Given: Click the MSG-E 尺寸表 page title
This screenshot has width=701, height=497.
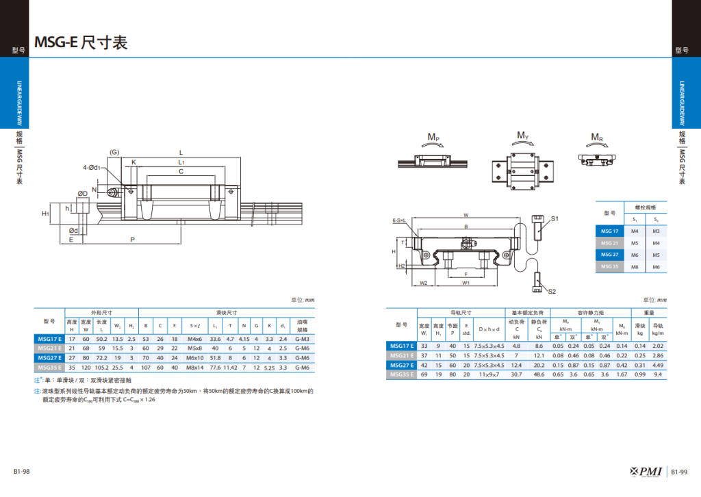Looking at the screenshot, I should point(81,42).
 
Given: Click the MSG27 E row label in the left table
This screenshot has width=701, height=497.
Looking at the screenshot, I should point(49,357).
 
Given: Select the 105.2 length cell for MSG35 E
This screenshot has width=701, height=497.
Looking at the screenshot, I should point(101,368).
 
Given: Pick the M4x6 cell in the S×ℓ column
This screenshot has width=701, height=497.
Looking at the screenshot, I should point(195,338).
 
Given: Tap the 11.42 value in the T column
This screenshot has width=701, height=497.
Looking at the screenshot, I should point(231,368).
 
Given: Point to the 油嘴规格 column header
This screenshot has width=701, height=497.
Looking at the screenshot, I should point(302,324).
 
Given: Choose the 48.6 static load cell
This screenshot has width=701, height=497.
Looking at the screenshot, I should point(539,374).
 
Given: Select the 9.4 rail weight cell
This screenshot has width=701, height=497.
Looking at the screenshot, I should point(658,374).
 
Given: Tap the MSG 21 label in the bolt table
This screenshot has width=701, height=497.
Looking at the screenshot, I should point(609,243).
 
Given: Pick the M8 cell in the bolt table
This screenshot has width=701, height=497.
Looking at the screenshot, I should point(635,266).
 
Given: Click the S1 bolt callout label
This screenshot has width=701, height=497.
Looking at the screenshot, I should point(555,218).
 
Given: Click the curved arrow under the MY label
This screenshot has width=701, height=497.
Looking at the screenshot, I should point(522,143).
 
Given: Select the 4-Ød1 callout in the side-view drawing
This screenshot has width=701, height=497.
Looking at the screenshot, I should point(92,167).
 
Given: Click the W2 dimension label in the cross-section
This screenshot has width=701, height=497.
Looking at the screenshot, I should point(423,283).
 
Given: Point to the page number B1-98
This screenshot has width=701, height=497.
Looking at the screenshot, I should point(21,472).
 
